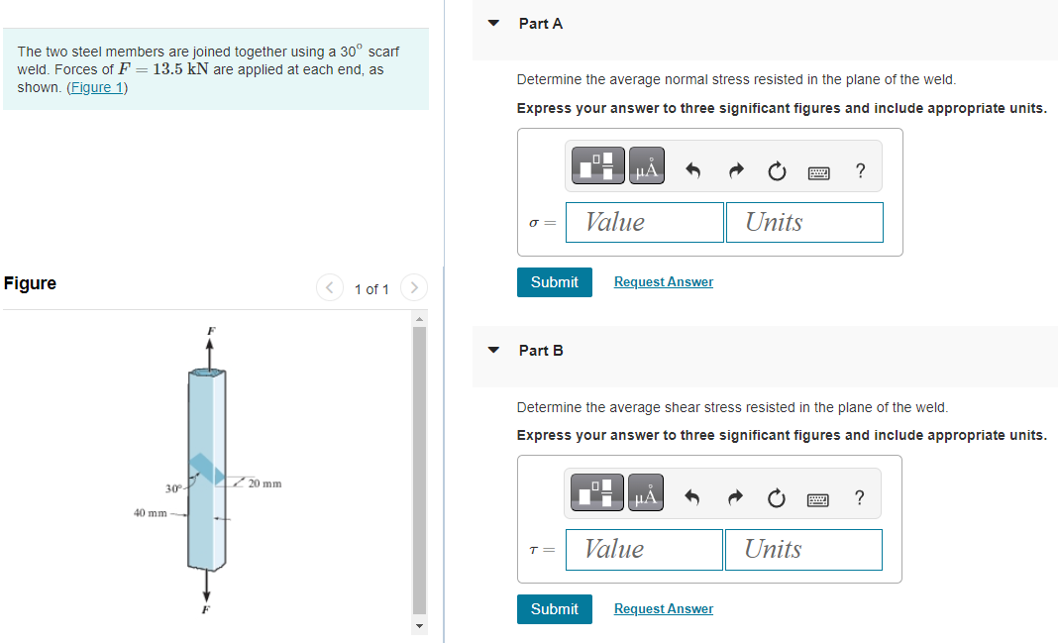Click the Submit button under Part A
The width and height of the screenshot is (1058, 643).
click(x=554, y=282)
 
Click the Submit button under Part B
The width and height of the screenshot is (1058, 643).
click(x=554, y=609)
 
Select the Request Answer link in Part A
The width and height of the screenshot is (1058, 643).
click(x=663, y=282)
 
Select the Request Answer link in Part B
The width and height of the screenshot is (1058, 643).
click(x=663, y=609)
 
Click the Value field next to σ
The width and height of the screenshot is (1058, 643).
click(x=645, y=222)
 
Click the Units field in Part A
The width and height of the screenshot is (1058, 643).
click(x=803, y=222)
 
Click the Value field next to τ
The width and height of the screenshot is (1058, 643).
click(x=644, y=549)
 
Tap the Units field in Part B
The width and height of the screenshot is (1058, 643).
click(x=802, y=549)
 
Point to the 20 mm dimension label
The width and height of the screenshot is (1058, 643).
click(x=264, y=483)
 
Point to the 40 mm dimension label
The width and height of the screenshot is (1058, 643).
click(x=150, y=513)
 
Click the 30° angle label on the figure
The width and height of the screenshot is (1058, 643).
click(x=173, y=487)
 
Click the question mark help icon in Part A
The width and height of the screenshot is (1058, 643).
click(x=859, y=170)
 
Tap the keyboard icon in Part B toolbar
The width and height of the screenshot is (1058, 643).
click(x=817, y=497)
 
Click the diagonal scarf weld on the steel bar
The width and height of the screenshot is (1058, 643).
click(x=206, y=469)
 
